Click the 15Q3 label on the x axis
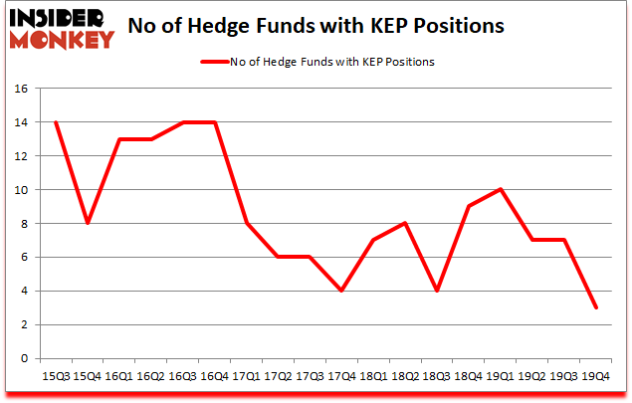coord(55,376)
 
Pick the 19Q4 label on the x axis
coord(596,376)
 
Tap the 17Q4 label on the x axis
coord(341,376)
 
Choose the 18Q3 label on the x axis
coord(437,376)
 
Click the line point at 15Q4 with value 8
coord(87,223)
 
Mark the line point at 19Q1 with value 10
coord(501,189)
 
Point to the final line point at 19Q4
coord(596,307)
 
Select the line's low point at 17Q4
coord(341,291)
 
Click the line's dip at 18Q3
coord(437,291)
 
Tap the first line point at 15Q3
coord(55,122)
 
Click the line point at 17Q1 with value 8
coord(246,223)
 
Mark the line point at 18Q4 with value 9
coord(469,206)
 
